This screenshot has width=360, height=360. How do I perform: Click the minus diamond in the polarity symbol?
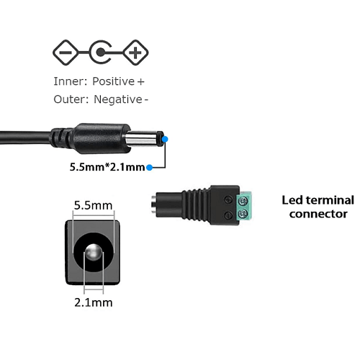click(66, 53)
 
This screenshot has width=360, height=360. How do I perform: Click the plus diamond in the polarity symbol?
click(135, 53)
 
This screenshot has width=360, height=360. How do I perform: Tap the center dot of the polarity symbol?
click(101, 52)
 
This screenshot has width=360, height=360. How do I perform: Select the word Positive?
click(114, 81)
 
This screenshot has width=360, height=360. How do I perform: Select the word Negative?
click(118, 99)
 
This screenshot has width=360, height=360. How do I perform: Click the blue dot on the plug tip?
click(165, 139)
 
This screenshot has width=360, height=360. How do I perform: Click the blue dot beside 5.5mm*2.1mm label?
click(149, 167)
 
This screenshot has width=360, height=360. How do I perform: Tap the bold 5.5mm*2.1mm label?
click(107, 167)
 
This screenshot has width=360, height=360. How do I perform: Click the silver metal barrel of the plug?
click(142, 139)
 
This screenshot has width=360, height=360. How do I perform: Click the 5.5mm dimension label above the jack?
click(93, 206)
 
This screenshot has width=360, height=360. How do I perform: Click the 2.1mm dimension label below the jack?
click(94, 302)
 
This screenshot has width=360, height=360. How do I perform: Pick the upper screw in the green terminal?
click(243, 200)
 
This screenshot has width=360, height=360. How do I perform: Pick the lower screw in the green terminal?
click(243, 212)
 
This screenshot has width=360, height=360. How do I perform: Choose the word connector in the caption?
click(318, 214)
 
